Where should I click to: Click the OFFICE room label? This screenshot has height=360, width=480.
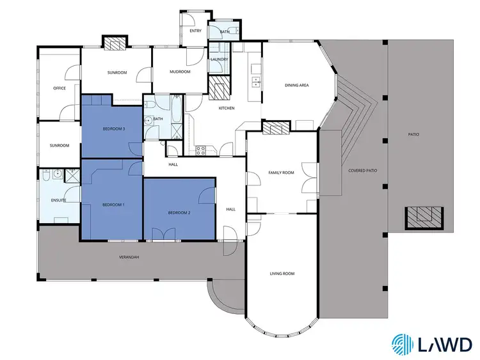tap(60, 88)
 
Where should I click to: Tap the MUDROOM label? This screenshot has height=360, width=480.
tap(180, 72)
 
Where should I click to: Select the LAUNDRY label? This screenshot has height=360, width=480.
tap(220, 59)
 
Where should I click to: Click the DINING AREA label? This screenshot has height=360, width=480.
tap(297, 85)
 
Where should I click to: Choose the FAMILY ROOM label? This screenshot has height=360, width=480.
tap(281, 173)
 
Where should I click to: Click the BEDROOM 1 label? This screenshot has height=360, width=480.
tap(113, 204)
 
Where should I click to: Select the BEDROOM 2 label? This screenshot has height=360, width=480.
tap(179, 212)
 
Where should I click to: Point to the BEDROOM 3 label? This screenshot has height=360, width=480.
tap(113, 129)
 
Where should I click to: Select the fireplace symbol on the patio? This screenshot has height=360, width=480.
tap(421, 217)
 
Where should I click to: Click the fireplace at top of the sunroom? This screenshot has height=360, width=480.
tap(115, 43)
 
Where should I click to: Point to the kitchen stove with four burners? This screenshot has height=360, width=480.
tap(200, 151)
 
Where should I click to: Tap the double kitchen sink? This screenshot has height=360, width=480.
tap(256, 81)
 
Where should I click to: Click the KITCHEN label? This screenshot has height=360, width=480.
tap(227, 108)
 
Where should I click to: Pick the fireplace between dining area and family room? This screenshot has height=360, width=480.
tap(276, 128)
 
